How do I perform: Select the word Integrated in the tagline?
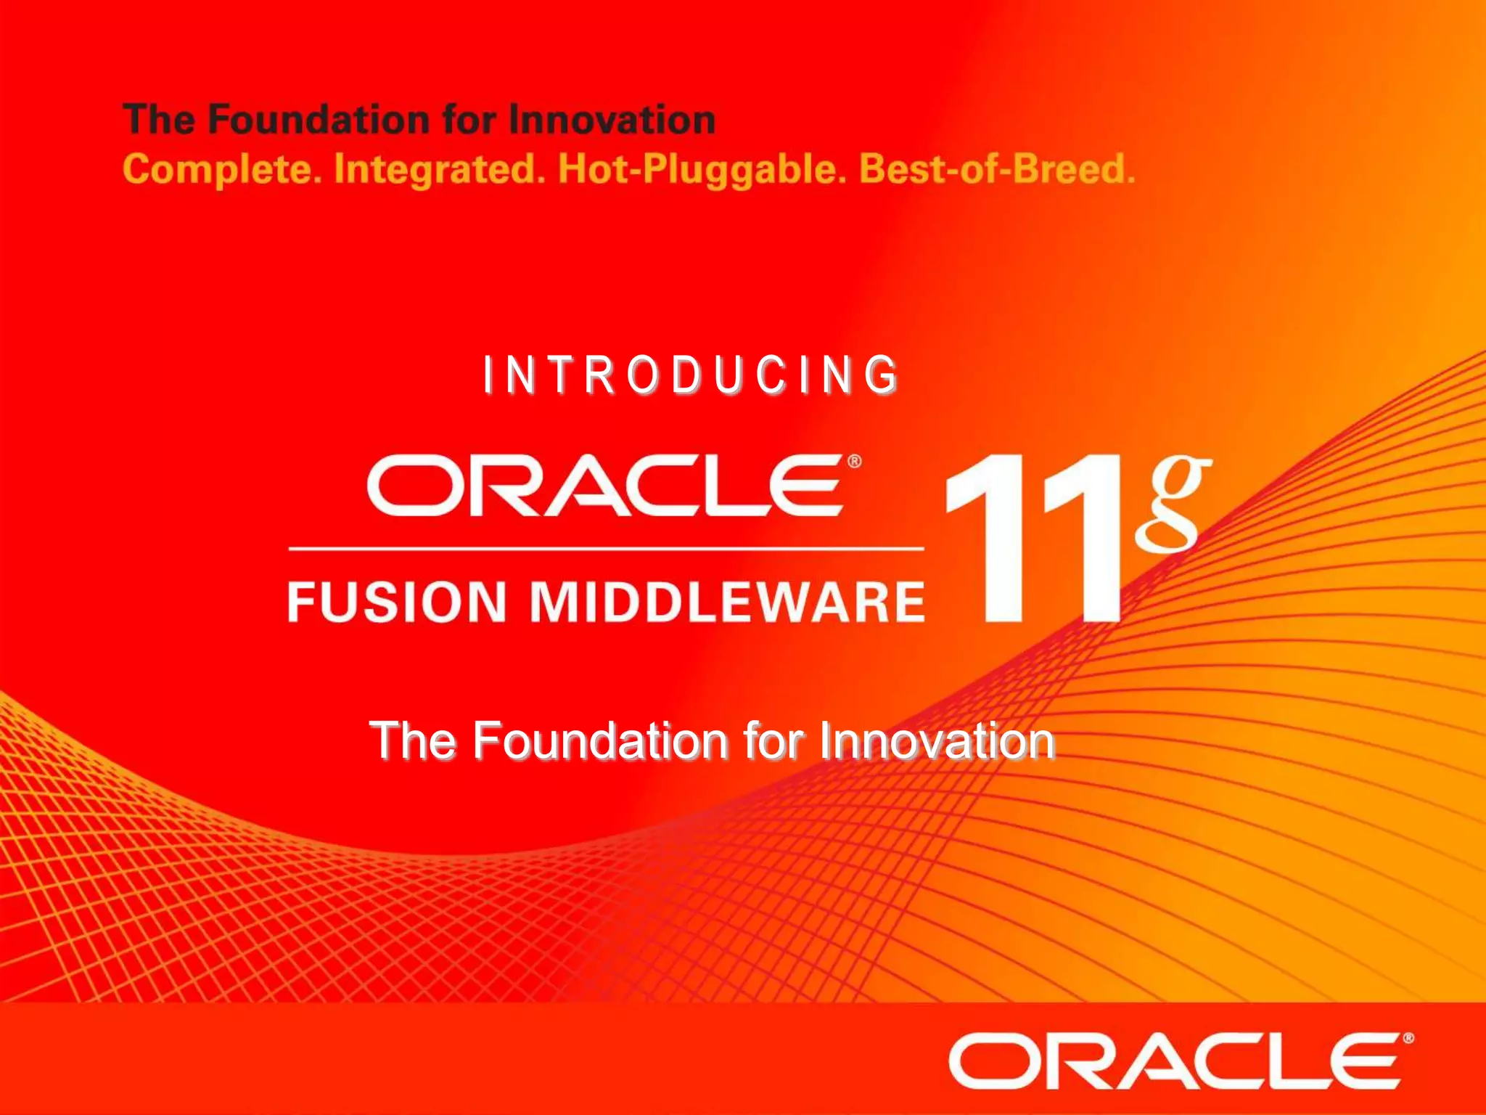click(x=439, y=170)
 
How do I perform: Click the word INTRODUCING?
click(x=691, y=376)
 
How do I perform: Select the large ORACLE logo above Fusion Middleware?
click(x=606, y=486)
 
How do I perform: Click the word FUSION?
click(x=397, y=602)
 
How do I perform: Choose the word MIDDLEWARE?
click(x=728, y=602)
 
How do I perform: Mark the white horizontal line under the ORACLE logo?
click(x=606, y=549)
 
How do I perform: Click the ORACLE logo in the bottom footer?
click(x=1175, y=1061)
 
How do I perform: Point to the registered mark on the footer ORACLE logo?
click(x=1408, y=1039)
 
